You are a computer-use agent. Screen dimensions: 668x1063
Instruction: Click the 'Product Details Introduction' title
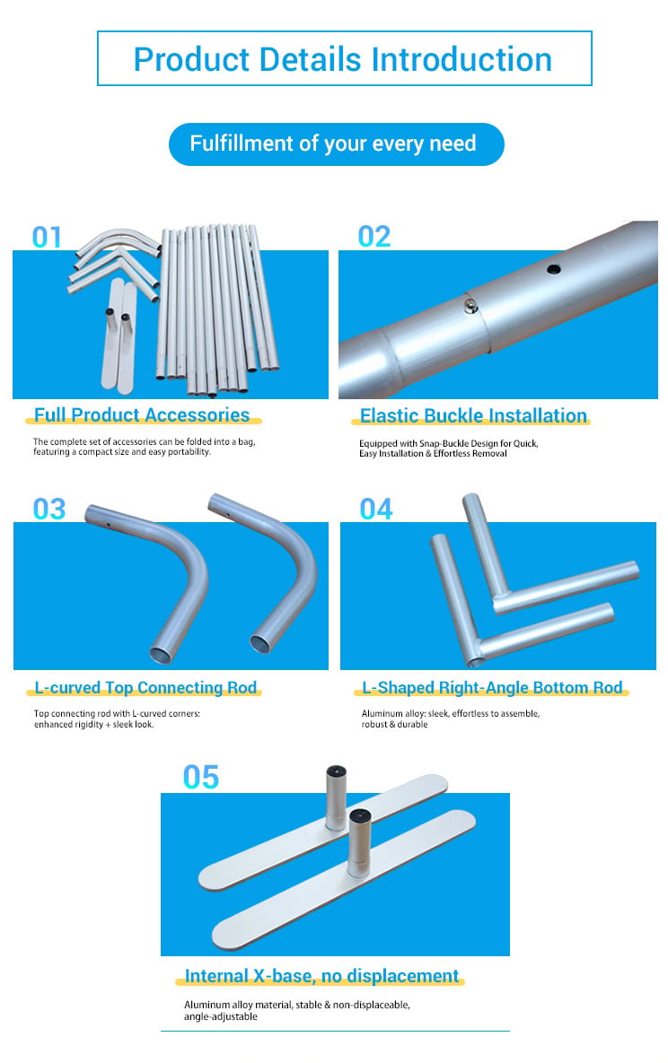pyautogui.click(x=343, y=59)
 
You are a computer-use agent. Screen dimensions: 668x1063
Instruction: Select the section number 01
pyautogui.click(x=47, y=238)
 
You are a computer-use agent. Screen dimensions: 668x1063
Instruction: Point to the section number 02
pyautogui.click(x=374, y=237)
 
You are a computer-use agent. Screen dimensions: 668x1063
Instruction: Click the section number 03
pyautogui.click(x=49, y=510)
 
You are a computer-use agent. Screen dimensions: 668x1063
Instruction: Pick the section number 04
pyautogui.click(x=376, y=510)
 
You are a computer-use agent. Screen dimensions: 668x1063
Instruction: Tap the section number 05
pyautogui.click(x=201, y=778)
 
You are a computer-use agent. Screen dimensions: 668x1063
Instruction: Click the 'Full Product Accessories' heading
pyautogui.click(x=142, y=415)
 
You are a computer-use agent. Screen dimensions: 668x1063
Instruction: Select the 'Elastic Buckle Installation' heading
pyautogui.click(x=473, y=415)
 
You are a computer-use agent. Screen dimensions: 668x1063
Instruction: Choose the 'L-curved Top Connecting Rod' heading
pyautogui.click(x=145, y=687)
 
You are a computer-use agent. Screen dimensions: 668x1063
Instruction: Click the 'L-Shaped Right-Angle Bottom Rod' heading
pyautogui.click(x=492, y=687)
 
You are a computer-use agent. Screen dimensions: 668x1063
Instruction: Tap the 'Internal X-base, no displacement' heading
pyautogui.click(x=321, y=976)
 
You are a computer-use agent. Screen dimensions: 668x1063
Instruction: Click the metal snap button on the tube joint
pyautogui.click(x=470, y=306)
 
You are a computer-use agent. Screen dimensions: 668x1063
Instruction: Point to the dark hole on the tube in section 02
pyautogui.click(x=554, y=269)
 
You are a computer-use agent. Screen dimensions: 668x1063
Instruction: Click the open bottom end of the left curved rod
pyautogui.click(x=163, y=655)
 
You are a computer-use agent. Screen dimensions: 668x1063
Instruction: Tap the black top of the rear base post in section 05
pyautogui.click(x=336, y=771)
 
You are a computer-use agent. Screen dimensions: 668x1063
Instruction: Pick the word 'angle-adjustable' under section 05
pyautogui.click(x=221, y=1016)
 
